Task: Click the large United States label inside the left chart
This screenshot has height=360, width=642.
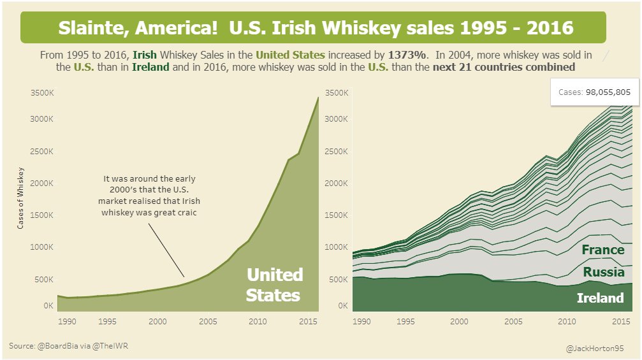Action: tap(274, 285)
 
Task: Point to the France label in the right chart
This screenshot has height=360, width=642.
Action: tap(602, 250)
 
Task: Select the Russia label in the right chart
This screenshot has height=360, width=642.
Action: tap(603, 273)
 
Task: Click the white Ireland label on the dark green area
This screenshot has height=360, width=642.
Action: tap(599, 298)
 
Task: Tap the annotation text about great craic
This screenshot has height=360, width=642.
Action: tap(149, 196)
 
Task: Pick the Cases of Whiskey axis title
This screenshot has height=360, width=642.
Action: tap(21, 198)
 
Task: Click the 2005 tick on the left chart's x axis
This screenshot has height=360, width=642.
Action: tap(207, 322)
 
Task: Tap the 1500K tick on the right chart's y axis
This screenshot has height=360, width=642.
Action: tap(336, 215)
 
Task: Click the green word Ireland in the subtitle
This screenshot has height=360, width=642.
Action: tap(150, 67)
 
